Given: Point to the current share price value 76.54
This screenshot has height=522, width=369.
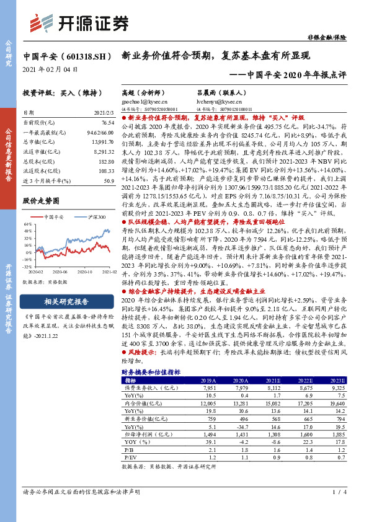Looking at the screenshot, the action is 107,124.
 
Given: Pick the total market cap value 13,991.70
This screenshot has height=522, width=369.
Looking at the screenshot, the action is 102,143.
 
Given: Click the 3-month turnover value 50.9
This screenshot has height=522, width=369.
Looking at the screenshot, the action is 109,180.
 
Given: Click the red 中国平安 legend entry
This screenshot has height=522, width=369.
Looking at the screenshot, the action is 59,216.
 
